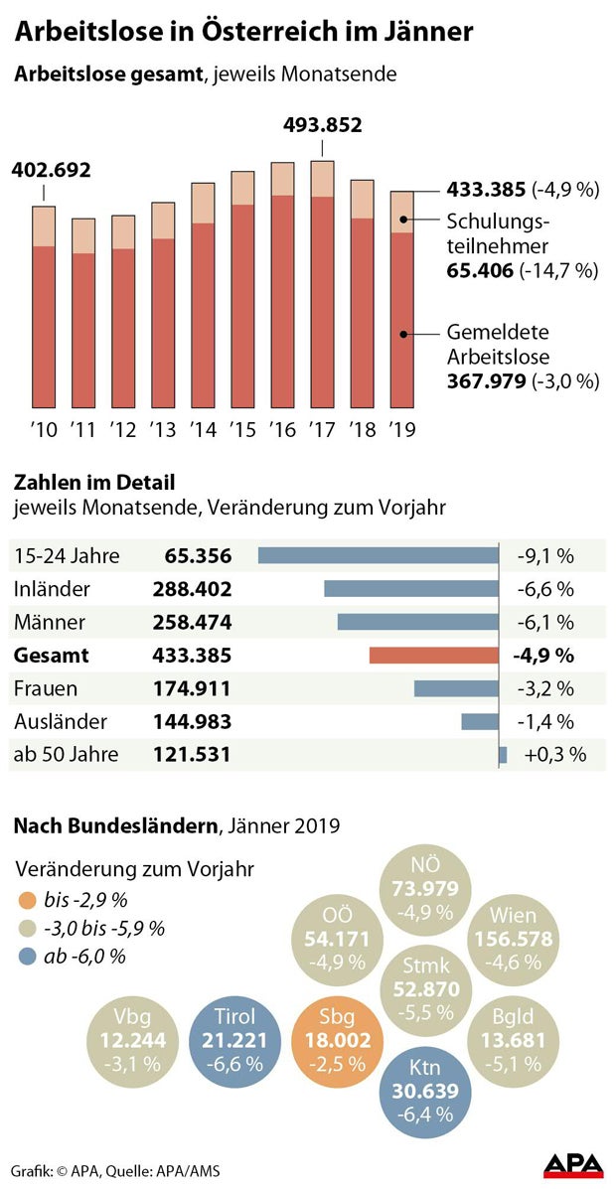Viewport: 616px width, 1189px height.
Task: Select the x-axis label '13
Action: (x=162, y=430)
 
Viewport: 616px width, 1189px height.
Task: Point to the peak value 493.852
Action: (x=322, y=125)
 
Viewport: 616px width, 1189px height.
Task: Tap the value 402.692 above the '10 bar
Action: (x=51, y=170)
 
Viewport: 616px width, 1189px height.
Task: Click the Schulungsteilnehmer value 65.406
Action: (x=480, y=270)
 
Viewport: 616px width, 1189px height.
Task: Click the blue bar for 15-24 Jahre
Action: (x=378, y=555)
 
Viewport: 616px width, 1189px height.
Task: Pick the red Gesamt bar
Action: (x=433, y=656)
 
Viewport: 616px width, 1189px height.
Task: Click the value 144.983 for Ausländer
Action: (x=192, y=721)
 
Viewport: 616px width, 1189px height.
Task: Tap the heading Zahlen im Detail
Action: (x=94, y=483)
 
